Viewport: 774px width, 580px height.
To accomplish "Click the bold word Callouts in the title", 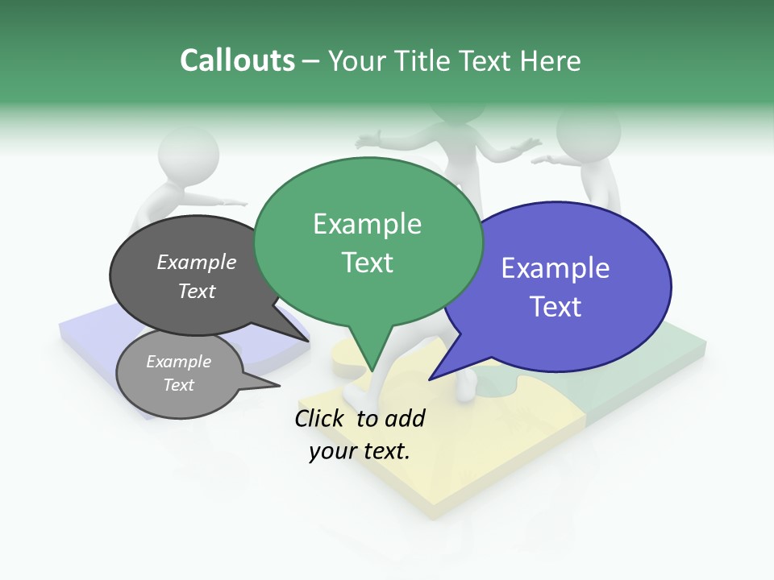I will click(237, 60).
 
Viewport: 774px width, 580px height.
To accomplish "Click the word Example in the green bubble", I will click(367, 224).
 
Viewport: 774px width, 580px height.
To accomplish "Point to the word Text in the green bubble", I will click(367, 263).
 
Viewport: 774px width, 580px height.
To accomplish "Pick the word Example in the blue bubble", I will click(556, 268).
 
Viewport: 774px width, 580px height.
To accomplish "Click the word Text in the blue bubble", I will click(556, 307).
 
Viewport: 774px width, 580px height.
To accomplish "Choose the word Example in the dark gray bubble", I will click(197, 263).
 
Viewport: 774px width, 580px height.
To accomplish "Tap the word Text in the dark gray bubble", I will click(197, 291).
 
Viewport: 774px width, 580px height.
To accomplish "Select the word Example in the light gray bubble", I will click(179, 362).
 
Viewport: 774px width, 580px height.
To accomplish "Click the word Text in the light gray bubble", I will click(179, 385).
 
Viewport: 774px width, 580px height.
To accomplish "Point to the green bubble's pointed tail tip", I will click(372, 371).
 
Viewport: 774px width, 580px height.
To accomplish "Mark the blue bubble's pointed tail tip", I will click(430, 379).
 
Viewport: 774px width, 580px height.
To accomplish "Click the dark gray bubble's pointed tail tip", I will click(310, 341).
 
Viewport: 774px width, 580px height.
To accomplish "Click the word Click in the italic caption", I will click(321, 418).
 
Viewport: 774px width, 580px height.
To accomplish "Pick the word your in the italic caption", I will click(331, 451).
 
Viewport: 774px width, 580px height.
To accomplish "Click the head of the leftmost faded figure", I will click(187, 155).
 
